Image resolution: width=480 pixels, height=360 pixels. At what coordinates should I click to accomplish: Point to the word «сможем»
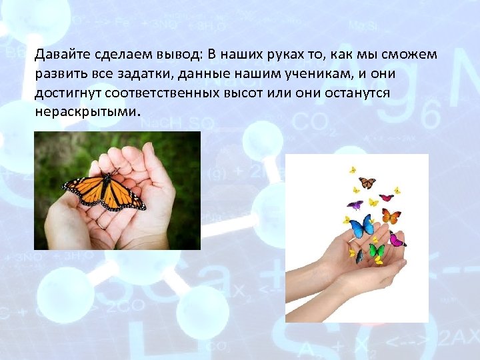pos(412,54)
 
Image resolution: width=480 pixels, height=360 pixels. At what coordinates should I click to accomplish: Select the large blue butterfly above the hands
pos(363,226)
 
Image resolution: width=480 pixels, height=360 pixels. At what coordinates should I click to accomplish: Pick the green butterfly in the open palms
pos(377,251)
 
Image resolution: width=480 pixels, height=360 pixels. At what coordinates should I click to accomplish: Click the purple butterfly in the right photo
pos(355,205)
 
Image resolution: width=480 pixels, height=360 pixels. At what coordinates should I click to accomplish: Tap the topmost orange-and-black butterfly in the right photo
pos(367,182)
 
